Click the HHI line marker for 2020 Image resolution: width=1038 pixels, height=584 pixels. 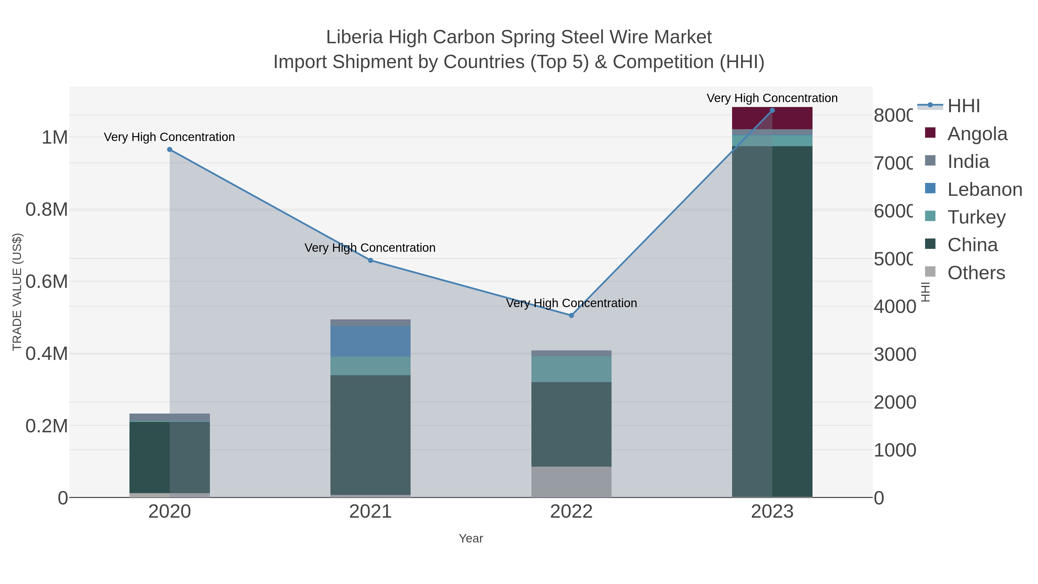[170, 149]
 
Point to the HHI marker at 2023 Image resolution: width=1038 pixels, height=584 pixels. [772, 110]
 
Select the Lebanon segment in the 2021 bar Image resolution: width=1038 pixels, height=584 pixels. [370, 341]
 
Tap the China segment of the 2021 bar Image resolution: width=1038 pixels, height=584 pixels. [370, 435]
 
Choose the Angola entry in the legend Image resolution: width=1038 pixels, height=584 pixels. [977, 134]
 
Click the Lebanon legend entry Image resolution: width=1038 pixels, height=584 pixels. [984, 189]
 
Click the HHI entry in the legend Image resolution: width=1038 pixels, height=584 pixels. [963, 106]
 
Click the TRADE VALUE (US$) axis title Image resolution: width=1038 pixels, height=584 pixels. [17, 292]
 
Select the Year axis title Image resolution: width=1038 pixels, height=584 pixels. [471, 538]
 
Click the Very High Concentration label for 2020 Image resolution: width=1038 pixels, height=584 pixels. [169, 137]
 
